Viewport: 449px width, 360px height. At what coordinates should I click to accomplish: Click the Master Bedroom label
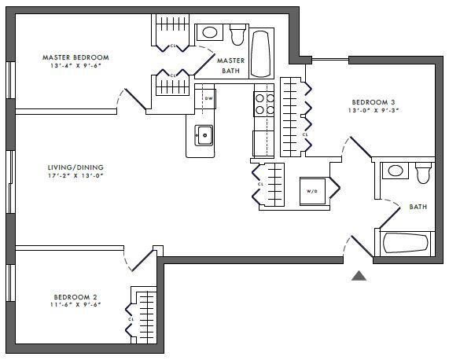coord(75,57)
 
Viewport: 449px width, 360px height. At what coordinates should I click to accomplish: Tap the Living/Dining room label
coord(75,167)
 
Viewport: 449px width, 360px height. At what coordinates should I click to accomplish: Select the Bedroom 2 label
coord(75,297)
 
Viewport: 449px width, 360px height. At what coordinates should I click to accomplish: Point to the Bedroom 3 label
coord(374,102)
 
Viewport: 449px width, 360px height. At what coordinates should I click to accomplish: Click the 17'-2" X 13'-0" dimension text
coord(75,176)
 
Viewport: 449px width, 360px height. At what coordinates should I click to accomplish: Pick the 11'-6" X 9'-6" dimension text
coord(75,305)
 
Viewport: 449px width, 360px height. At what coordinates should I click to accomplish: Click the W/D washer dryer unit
coord(312,191)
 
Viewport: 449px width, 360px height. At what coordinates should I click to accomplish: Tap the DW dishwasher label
coord(208,99)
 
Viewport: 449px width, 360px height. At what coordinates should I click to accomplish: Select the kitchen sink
coord(204,135)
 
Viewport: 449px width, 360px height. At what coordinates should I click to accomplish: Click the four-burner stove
coord(263,105)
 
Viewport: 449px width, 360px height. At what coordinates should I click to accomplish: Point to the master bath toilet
coord(237,35)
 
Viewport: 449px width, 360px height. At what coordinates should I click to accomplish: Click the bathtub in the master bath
coord(261,53)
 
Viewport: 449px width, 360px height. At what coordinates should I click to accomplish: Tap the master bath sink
coord(210,32)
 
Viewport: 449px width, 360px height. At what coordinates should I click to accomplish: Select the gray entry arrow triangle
coord(359,276)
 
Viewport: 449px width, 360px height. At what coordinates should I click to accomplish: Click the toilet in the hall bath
coord(424,173)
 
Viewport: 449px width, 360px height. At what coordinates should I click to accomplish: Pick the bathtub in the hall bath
coord(405,244)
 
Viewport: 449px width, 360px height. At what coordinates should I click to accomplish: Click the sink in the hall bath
coord(396,171)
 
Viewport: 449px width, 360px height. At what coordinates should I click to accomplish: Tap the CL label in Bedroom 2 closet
coord(131,319)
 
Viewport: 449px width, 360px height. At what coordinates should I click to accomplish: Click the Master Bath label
coord(231,65)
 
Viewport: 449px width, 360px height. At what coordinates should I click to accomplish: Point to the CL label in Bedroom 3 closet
coord(305,134)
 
